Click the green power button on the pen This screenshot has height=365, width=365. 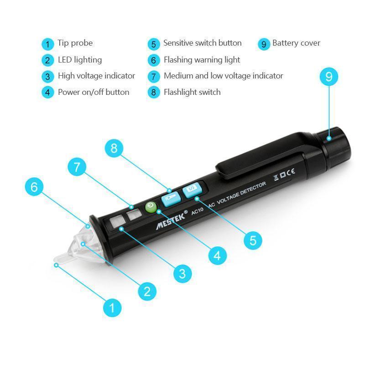[151, 207]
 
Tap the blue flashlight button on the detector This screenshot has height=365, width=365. [171, 199]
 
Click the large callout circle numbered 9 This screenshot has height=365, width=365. [328, 77]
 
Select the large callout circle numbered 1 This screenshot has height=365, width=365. [112, 308]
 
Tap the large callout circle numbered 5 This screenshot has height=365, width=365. [253, 240]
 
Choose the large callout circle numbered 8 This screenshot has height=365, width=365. [114, 148]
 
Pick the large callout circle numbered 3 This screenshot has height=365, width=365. [182, 273]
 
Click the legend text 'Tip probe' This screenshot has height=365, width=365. [75, 43]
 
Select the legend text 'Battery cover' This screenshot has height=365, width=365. [296, 43]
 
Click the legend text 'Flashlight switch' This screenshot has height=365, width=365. [192, 92]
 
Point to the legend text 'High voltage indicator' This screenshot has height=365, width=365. [96, 76]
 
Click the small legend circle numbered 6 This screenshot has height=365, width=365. [154, 60]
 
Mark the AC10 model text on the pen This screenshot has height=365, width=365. [198, 211]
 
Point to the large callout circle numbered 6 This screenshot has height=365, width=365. [34, 187]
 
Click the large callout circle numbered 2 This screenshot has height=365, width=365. [147, 291]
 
